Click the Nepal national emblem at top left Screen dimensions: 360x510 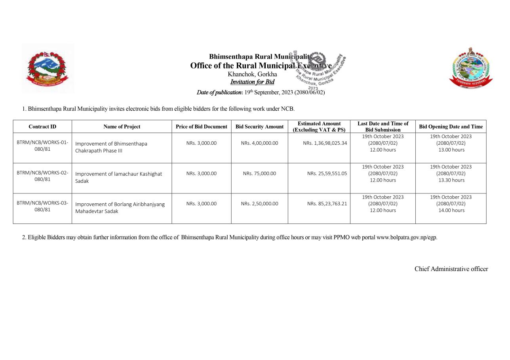point(47,68)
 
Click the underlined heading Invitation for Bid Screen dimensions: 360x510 point(252,82)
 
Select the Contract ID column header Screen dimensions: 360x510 point(42,127)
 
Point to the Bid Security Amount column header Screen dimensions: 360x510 point(259,127)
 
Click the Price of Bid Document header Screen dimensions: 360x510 point(201,127)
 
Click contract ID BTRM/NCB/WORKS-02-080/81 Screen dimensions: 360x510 point(42,176)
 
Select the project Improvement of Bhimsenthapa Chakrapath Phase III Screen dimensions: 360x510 point(111,147)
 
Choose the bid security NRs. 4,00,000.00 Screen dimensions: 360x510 point(259,143)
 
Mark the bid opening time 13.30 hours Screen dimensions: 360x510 point(451,180)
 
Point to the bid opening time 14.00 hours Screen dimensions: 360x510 point(451,210)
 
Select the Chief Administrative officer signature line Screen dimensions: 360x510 point(451,269)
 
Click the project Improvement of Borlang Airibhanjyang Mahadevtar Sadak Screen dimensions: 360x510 point(120,208)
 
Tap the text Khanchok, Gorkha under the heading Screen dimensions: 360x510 point(252,74)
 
